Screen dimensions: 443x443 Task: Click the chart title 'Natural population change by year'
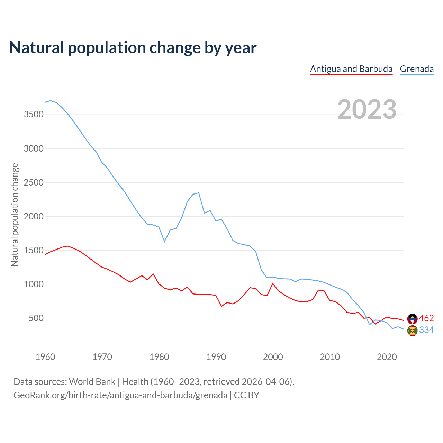[133, 48]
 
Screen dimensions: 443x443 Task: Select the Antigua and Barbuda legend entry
[351, 69]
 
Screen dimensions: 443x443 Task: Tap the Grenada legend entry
[417, 69]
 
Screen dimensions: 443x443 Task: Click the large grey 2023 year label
[367, 109]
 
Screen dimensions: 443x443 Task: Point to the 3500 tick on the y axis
[34, 115]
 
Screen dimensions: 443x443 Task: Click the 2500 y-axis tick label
[34, 182]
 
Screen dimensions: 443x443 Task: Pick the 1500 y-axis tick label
[34, 250]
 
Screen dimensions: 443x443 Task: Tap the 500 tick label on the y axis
[36, 318]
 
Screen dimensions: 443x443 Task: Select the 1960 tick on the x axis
[45, 357]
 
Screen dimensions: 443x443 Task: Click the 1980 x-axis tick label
[159, 357]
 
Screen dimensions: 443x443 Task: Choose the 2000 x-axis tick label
[273, 357]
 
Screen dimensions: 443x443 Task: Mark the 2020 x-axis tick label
[387, 357]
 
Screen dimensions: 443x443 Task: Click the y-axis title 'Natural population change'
[15, 215]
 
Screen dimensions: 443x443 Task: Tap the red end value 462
[426, 318]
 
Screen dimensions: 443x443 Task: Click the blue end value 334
[426, 330]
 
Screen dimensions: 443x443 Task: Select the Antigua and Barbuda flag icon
[412, 319]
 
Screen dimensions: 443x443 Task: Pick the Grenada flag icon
[412, 331]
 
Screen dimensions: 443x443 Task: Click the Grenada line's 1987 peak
[199, 193]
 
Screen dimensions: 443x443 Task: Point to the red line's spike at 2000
[273, 283]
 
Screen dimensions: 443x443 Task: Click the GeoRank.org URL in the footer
[120, 395]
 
